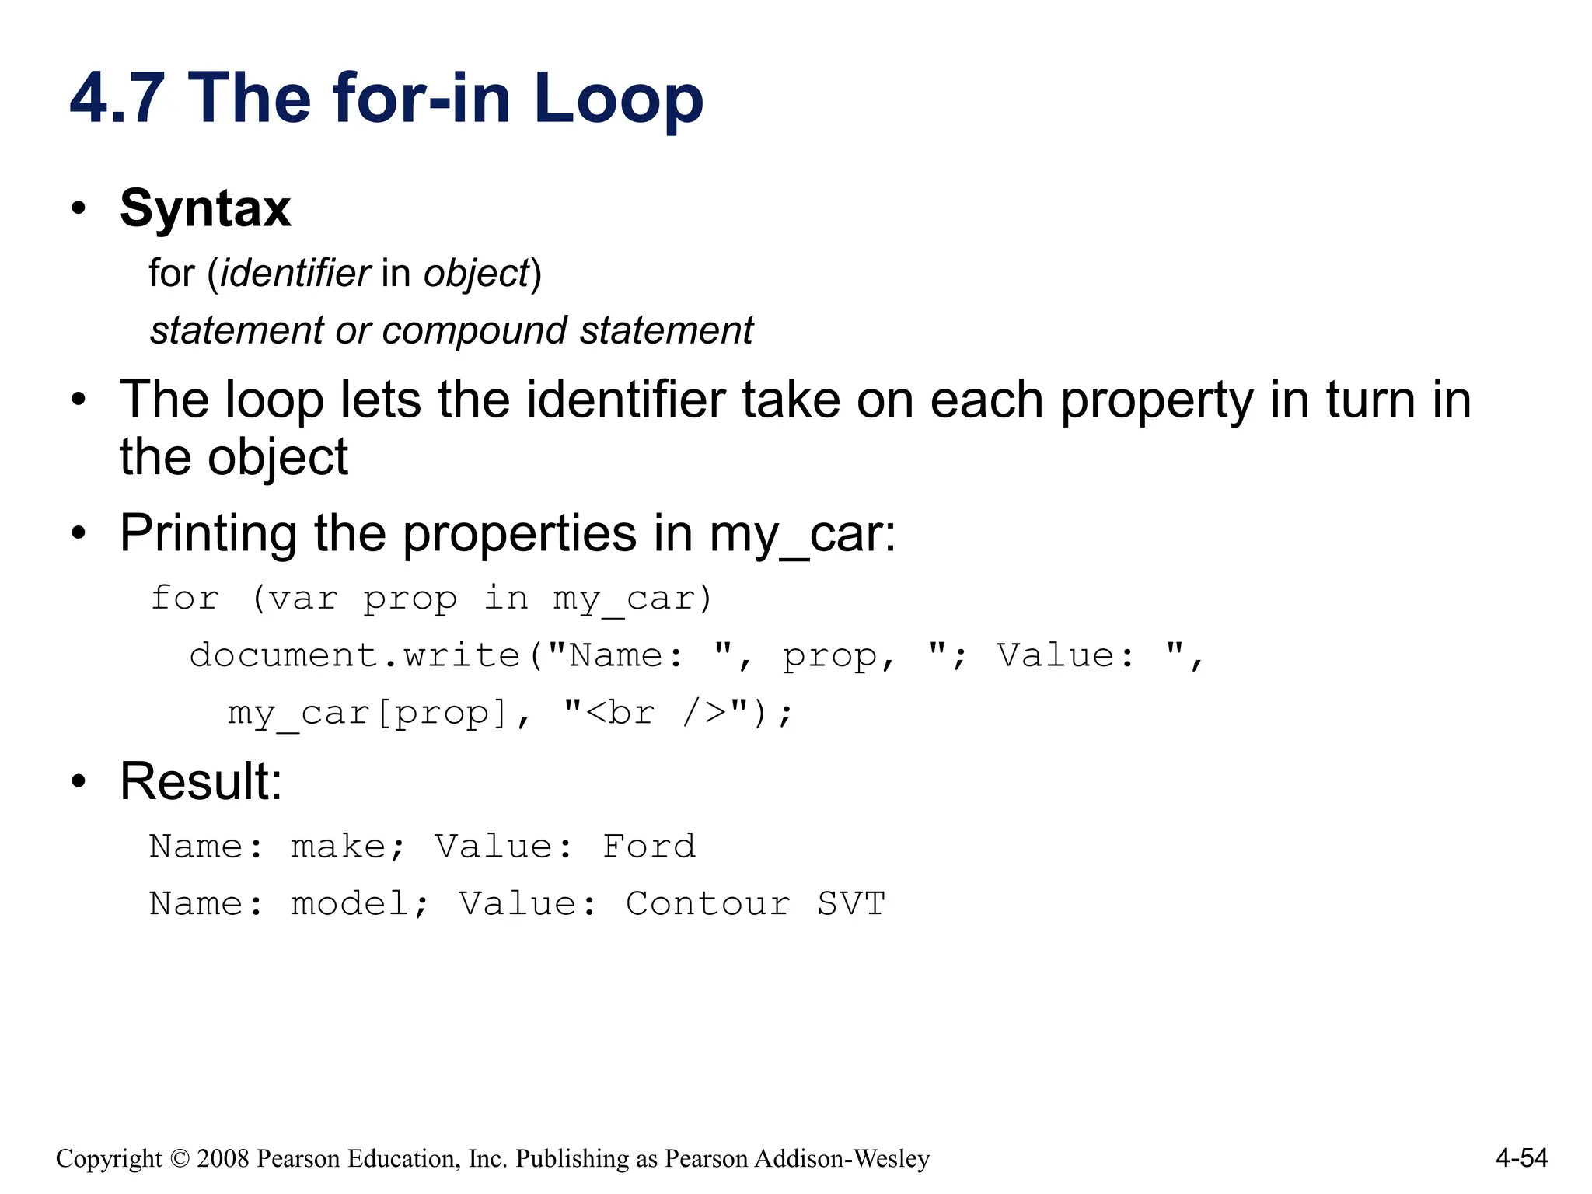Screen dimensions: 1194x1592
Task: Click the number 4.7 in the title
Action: (117, 99)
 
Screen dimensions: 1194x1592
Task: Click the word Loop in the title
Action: (618, 99)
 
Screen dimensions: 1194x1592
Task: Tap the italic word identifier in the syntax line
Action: (295, 274)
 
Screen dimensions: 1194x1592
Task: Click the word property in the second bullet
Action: (1157, 401)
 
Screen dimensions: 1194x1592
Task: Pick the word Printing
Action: (208, 534)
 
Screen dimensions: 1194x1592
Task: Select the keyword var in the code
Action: (303, 599)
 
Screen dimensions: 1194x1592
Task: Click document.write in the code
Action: (354, 656)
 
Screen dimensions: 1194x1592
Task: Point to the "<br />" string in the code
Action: (655, 713)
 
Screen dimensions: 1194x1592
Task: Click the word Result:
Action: (201, 781)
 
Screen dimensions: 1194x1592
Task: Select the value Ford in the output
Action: (649, 847)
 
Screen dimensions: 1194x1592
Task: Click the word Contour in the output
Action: (707, 904)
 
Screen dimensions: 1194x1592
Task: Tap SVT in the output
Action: (851, 904)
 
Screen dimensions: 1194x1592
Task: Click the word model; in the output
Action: (359, 904)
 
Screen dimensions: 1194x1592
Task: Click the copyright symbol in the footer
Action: (180, 1159)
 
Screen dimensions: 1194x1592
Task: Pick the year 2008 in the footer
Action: (223, 1159)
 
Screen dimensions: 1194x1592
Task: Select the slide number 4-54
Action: (1521, 1158)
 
